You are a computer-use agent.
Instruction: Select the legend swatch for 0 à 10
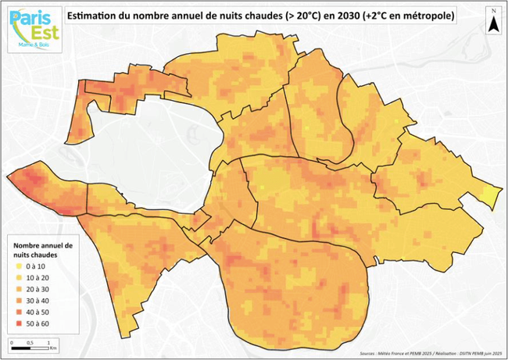(x=18, y=267)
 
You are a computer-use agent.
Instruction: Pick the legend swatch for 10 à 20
(x=18, y=278)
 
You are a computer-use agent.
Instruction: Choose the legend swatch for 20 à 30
(x=18, y=289)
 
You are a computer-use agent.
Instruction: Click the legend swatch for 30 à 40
(x=18, y=300)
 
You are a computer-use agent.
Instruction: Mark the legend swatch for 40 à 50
(x=18, y=311)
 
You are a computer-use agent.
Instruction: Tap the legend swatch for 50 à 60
(x=18, y=322)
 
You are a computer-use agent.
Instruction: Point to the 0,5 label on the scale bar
(x=30, y=343)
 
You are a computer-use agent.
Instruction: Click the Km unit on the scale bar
(x=48, y=348)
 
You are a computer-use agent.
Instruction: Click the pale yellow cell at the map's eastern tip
(x=490, y=196)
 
